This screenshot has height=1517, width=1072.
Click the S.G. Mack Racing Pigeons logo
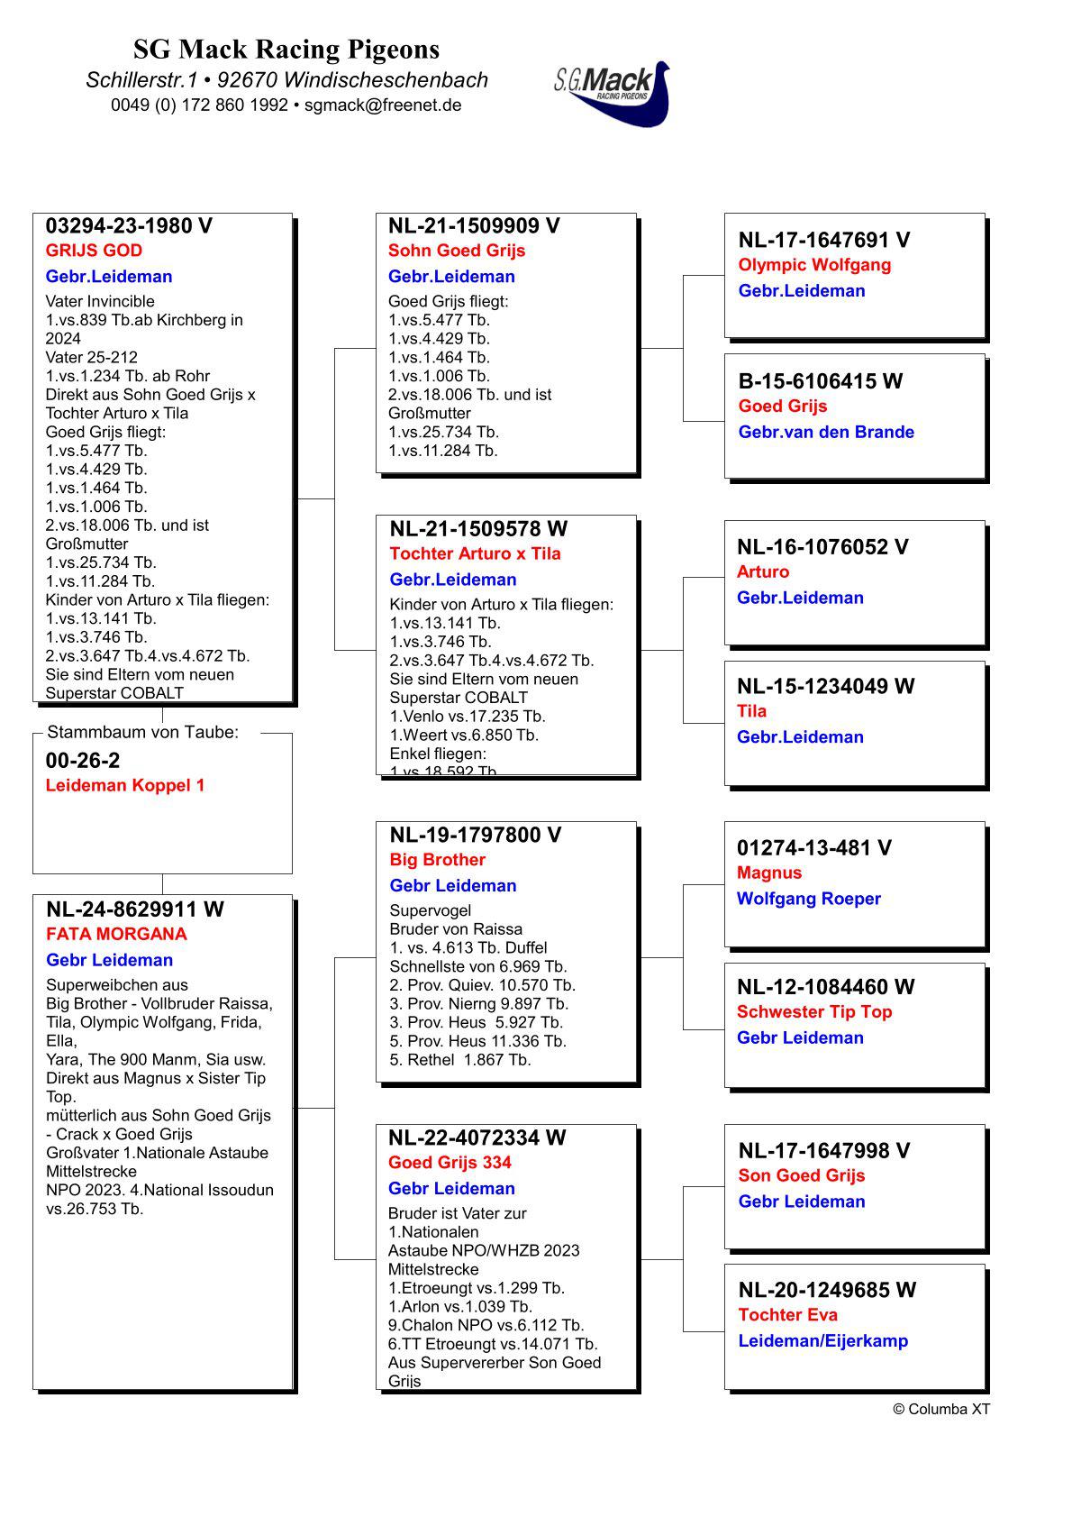click(613, 93)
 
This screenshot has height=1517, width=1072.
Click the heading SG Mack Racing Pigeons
click(286, 49)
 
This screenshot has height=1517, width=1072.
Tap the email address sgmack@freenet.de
click(383, 105)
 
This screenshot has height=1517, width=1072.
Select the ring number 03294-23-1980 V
click(129, 226)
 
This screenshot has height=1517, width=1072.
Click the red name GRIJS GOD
click(94, 251)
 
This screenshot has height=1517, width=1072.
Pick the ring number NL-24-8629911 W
click(135, 909)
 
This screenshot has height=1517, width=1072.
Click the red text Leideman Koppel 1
click(125, 785)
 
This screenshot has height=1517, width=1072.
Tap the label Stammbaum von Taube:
click(142, 732)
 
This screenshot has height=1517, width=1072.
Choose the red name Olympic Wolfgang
click(814, 265)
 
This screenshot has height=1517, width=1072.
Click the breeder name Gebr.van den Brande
click(826, 432)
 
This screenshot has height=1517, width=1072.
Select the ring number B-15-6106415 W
click(820, 381)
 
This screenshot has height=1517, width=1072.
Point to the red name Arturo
click(762, 571)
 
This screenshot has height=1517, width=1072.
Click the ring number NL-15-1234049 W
click(825, 686)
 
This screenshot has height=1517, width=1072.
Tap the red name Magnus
click(768, 873)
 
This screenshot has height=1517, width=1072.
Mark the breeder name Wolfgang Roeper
click(808, 899)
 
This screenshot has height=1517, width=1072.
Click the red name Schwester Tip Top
click(814, 1011)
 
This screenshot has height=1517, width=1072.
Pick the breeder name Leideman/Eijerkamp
click(822, 1340)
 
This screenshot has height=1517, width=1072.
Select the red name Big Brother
click(437, 860)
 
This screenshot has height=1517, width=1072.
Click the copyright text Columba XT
click(941, 1409)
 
